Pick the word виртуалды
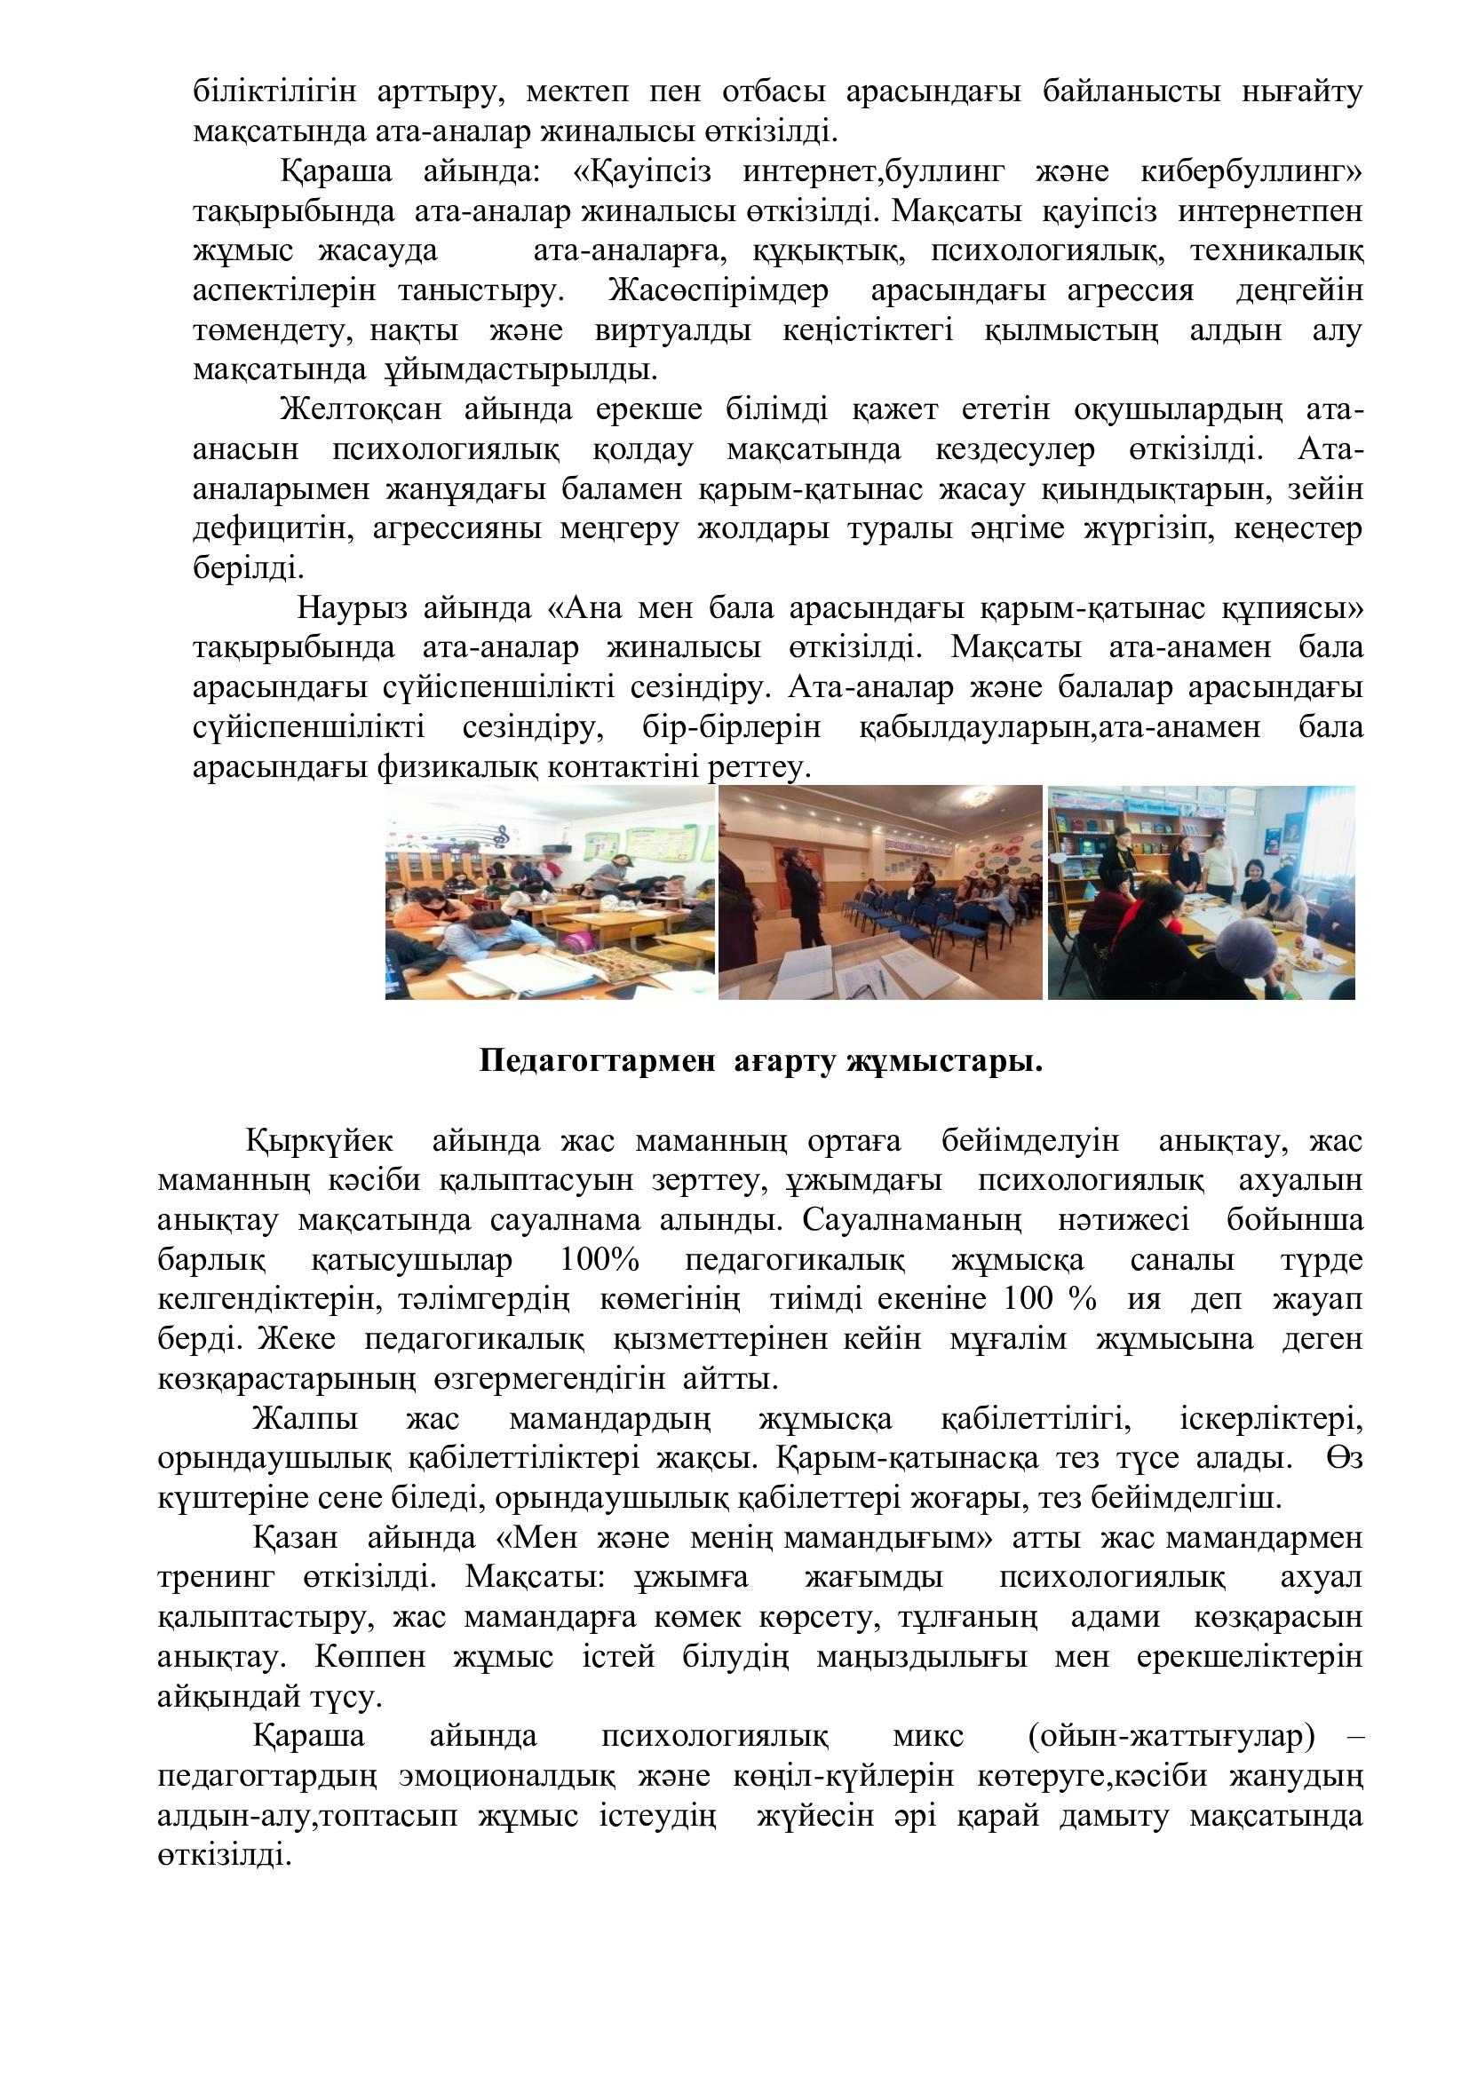(673, 331)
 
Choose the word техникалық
(1276, 251)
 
